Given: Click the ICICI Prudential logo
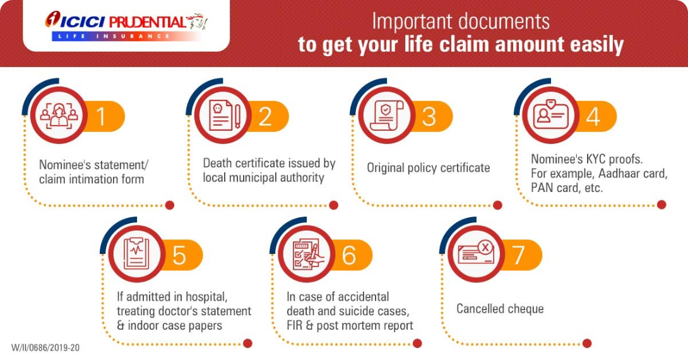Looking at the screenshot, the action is tap(126, 26).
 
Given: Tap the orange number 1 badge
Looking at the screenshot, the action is tap(104, 116).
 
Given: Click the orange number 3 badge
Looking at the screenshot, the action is tap(431, 116).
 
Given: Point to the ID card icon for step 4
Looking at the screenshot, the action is tap(550, 115).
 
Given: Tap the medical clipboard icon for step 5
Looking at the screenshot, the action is tap(136, 254).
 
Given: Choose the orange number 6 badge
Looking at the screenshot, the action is tap(350, 255).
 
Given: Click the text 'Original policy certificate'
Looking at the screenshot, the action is tap(428, 168).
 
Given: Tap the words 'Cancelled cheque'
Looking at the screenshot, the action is tap(500, 309).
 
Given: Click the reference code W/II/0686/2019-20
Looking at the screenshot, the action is tap(45, 348).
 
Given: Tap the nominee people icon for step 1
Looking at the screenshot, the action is tap(59, 116).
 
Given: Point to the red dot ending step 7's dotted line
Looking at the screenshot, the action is tap(587, 344).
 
